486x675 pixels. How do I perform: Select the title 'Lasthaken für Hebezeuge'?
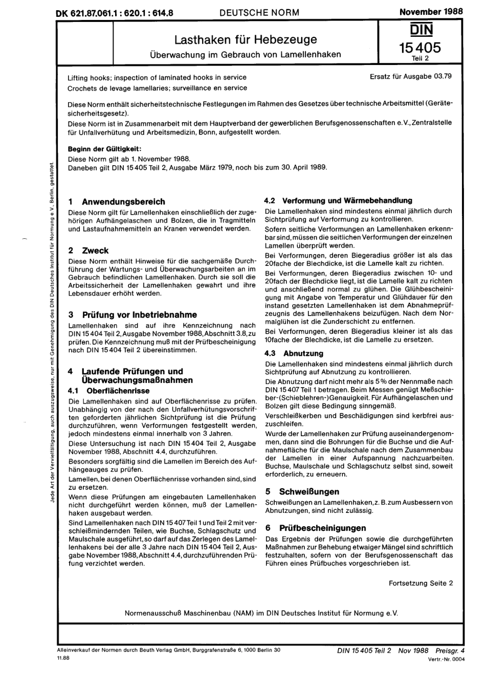pyautogui.click(x=246, y=39)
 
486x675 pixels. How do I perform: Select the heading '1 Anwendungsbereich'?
pyautogui.click(x=117, y=202)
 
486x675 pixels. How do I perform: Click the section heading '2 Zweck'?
pyautogui.click(x=89, y=251)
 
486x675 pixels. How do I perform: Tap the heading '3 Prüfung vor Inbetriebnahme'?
pyautogui.click(x=132, y=314)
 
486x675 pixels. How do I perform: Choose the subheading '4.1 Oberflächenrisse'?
pyautogui.click(x=108, y=391)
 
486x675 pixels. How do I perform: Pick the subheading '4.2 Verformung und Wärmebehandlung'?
pyautogui.click(x=338, y=200)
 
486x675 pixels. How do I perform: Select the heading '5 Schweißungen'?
pyautogui.click(x=302, y=491)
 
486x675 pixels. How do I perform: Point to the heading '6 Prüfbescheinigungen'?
pyautogui.click(x=316, y=528)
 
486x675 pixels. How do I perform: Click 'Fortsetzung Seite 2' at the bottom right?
pyautogui.click(x=421, y=583)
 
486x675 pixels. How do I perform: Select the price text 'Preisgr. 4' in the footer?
pyautogui.click(x=450, y=651)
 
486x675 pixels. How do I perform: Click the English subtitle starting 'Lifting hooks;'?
pyautogui.click(x=157, y=77)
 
